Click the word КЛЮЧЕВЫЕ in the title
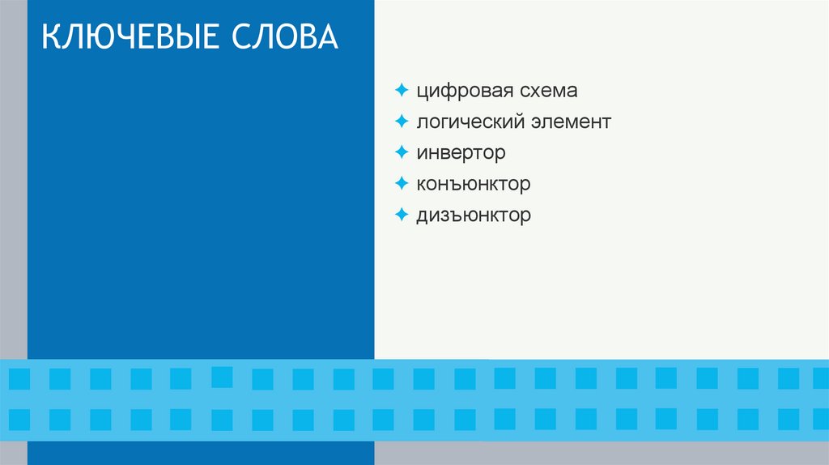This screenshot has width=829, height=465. click(130, 39)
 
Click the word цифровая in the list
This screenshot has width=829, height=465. click(461, 91)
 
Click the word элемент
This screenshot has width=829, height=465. click(572, 122)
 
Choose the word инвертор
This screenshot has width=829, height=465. click(461, 152)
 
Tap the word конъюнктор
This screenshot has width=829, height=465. click(474, 184)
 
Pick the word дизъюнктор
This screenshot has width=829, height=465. click(474, 215)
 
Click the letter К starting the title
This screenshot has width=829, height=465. click(50, 39)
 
